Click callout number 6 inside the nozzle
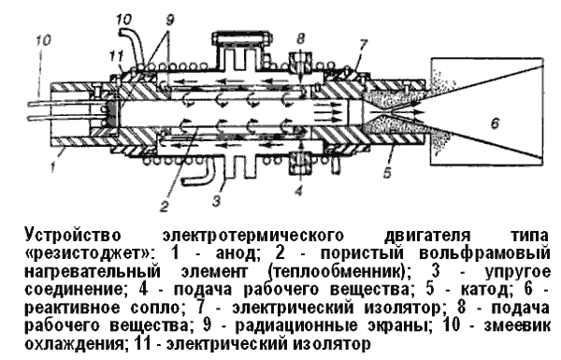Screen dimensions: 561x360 495,123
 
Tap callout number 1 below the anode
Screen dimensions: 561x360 53,167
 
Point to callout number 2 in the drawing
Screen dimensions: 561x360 165,206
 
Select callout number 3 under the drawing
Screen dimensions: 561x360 216,201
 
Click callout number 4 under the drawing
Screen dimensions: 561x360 299,190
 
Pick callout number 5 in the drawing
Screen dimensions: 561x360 387,172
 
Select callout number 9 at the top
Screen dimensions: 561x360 169,20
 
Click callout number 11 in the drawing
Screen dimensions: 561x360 117,55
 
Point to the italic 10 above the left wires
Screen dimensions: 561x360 43,39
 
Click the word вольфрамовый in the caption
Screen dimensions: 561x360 484,253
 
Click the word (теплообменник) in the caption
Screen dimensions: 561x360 338,272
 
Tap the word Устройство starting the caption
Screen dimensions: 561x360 73,236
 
